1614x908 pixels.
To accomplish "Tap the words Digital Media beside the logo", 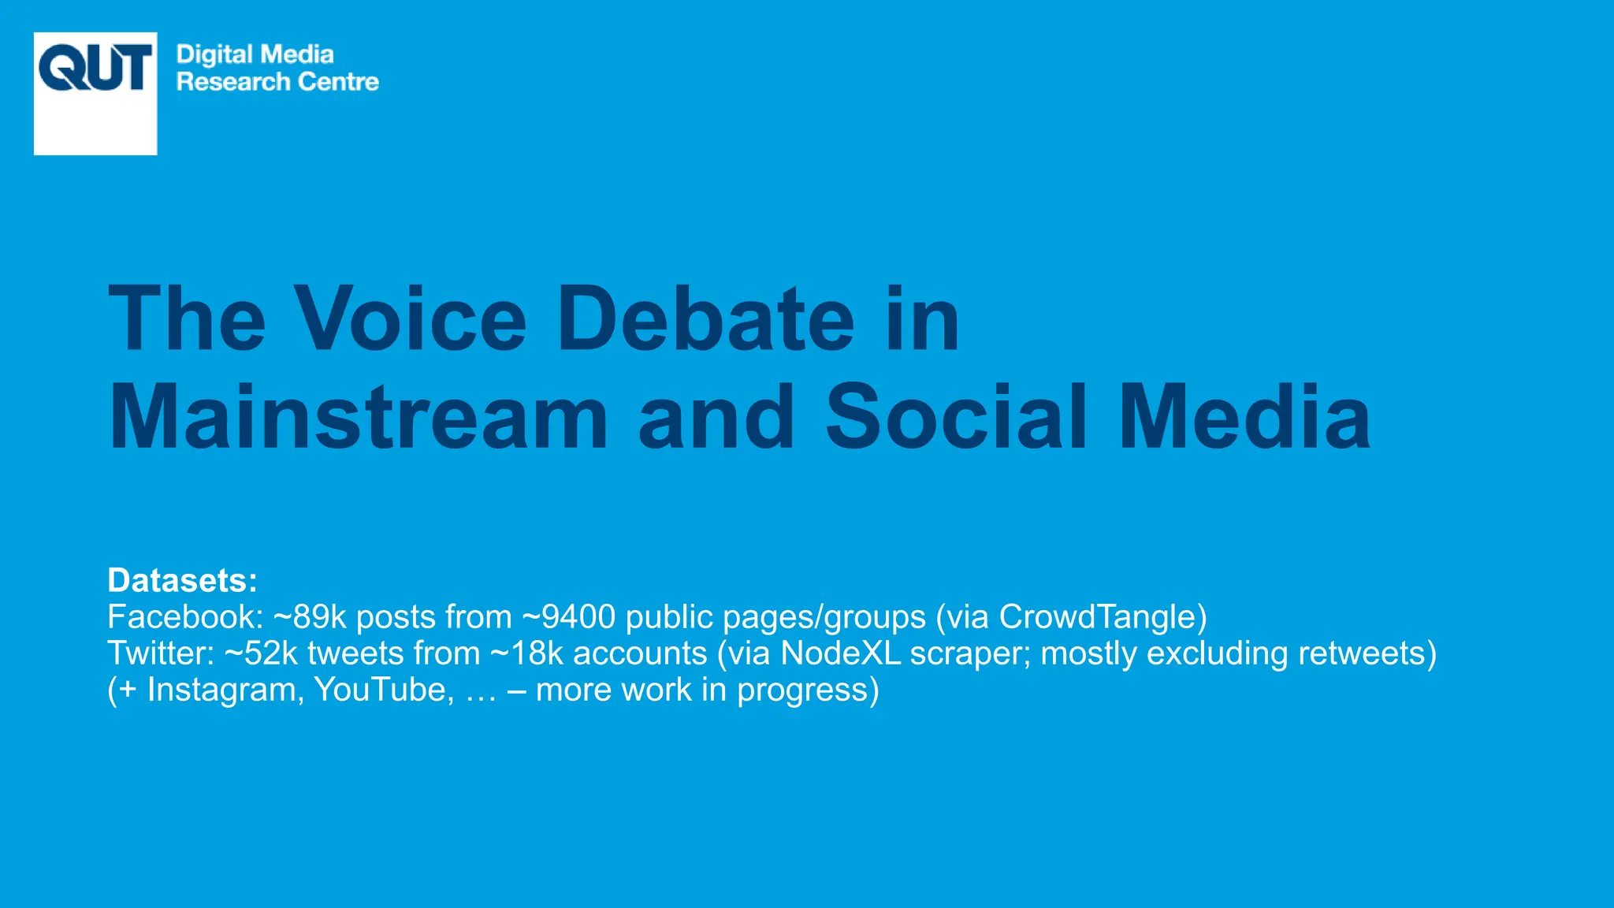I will coord(255,54).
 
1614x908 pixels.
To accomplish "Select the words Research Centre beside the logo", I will coord(277,82).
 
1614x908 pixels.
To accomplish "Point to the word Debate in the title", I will coord(705,319).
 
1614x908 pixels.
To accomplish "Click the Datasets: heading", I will coord(182,581).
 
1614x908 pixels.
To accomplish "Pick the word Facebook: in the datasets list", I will coord(185,617).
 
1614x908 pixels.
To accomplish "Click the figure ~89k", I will coord(310,617).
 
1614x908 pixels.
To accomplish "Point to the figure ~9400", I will coord(568,617).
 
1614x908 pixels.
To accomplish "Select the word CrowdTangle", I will coord(1098,617).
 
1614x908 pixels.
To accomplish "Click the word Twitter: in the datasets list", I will coord(161,653).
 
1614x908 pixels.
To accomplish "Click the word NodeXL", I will coord(840,653).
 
